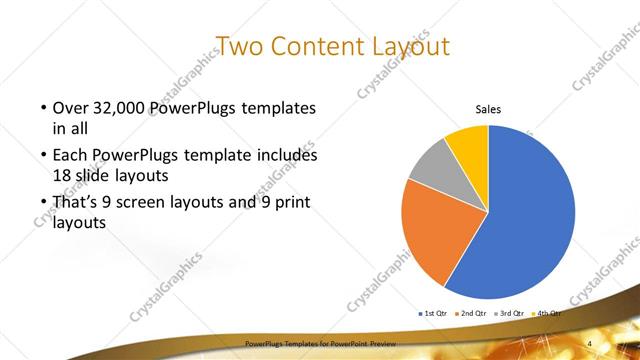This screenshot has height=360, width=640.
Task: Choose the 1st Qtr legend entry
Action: [433, 313]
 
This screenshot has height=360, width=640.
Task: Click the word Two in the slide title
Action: [239, 47]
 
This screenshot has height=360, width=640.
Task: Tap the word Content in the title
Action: [318, 47]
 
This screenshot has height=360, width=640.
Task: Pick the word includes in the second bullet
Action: [288, 156]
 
